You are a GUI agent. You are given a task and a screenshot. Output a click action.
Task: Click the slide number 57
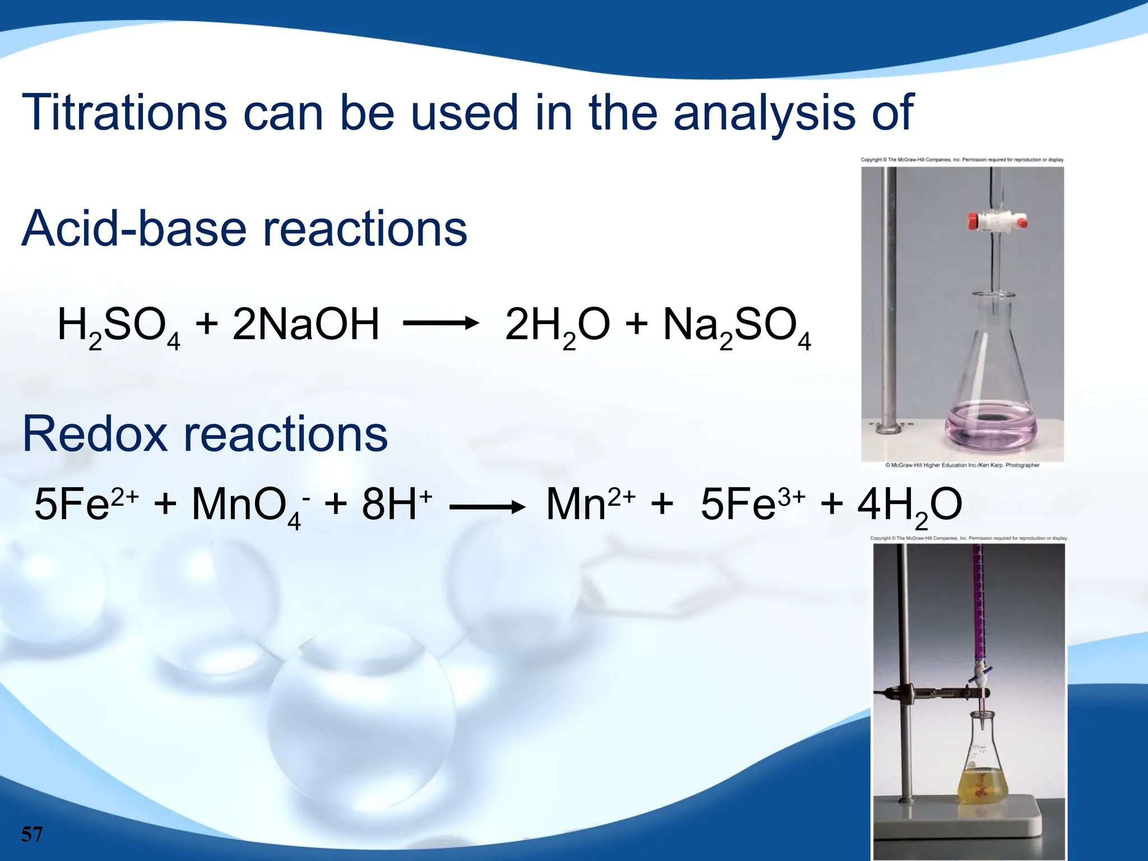[x=32, y=834]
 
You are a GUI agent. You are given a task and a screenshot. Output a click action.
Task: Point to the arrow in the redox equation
[x=487, y=508]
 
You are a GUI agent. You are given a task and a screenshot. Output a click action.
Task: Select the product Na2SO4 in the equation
[x=737, y=326]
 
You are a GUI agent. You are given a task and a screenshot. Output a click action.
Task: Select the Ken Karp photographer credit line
[x=962, y=465]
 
